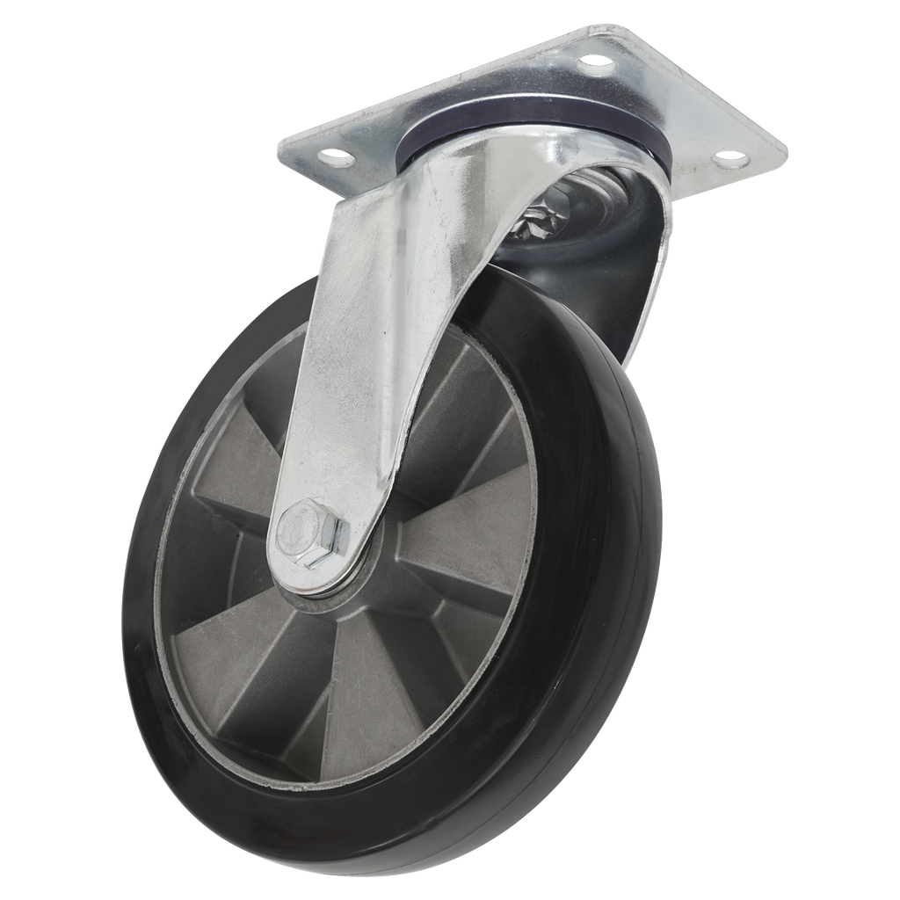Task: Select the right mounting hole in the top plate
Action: click(728, 162)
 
